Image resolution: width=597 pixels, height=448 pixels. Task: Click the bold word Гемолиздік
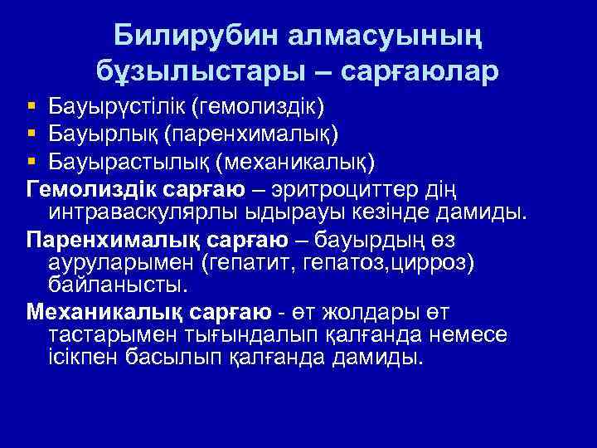click(x=82, y=183)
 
